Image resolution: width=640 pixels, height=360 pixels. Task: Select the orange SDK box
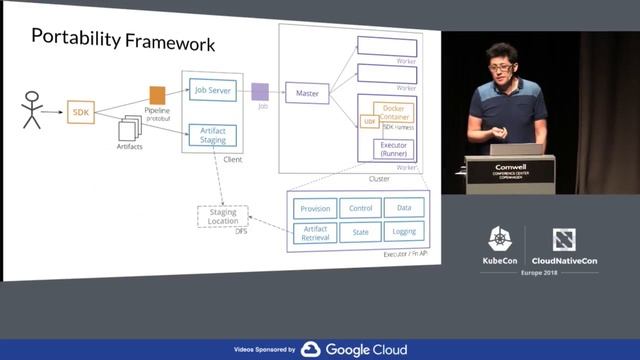pyautogui.click(x=81, y=112)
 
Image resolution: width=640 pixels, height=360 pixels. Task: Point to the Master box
pyautogui.click(x=307, y=93)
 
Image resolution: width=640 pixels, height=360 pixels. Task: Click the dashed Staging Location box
pyautogui.click(x=223, y=215)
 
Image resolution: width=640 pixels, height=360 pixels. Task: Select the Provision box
pyautogui.click(x=315, y=208)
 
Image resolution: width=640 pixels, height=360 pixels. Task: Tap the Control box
pyautogui.click(x=360, y=208)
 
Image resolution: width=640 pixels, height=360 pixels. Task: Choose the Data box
pyautogui.click(x=404, y=208)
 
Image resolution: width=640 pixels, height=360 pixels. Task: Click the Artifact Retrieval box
pyautogui.click(x=315, y=233)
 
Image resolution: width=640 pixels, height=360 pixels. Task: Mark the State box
pyautogui.click(x=360, y=233)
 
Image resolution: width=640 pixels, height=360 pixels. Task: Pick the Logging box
pyautogui.click(x=404, y=233)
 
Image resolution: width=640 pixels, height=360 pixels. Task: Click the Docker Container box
pyautogui.click(x=393, y=112)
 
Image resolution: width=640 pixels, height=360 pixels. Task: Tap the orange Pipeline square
pyautogui.click(x=157, y=95)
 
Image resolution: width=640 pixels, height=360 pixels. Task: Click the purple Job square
pyautogui.click(x=260, y=91)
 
